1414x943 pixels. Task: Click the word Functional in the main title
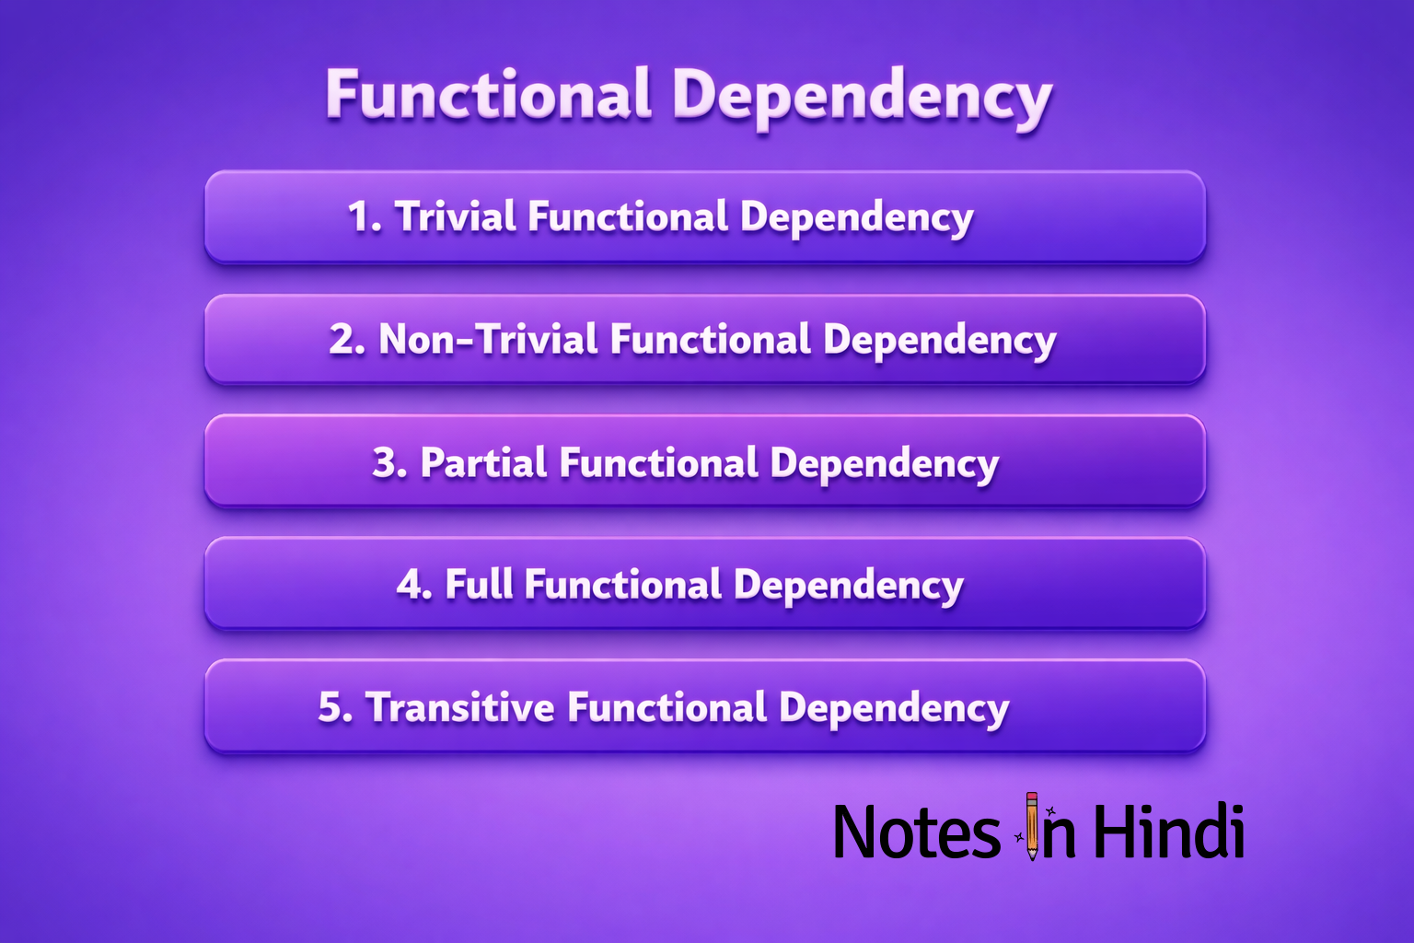[488, 95]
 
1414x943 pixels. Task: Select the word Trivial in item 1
[456, 217]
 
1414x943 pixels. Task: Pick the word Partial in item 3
[483, 462]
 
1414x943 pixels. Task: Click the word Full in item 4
[479, 585]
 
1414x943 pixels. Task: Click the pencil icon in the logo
[1032, 826]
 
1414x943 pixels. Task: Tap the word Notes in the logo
[915, 832]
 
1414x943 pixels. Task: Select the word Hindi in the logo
[1168, 831]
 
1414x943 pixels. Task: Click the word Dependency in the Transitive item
[894, 709]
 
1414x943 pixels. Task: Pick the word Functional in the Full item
[623, 585]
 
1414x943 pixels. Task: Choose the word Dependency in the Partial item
[884, 464]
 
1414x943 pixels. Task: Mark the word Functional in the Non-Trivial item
[711, 340]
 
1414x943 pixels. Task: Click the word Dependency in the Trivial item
[856, 219]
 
